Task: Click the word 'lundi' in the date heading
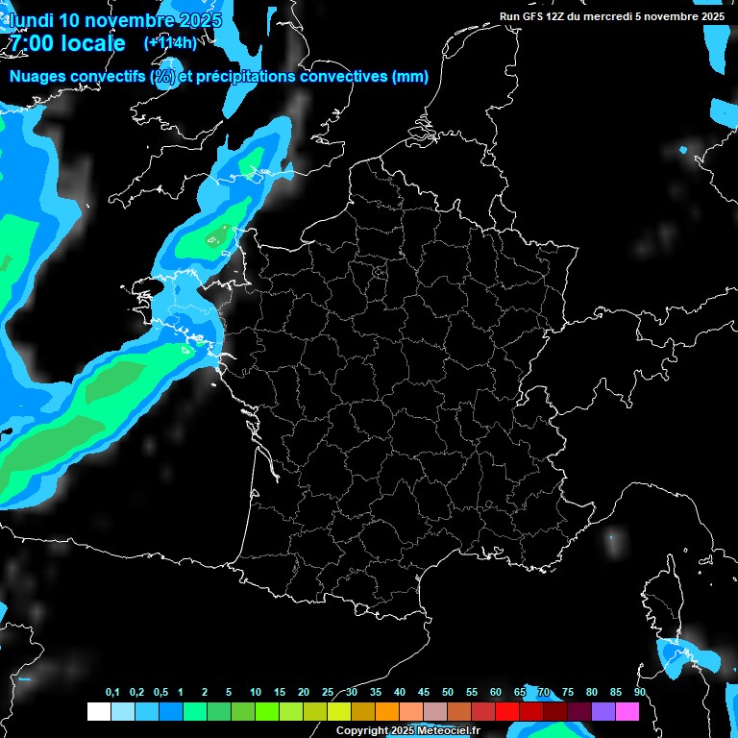point(31,20)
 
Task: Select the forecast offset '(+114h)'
point(169,42)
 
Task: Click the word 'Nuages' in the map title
point(37,77)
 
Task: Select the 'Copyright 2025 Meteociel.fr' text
point(407,730)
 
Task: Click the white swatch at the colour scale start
point(98,712)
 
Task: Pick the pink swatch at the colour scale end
point(627,712)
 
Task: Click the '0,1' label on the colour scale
point(112,693)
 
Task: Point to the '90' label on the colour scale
point(640,693)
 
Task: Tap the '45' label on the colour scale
point(424,693)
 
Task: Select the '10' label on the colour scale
point(256,693)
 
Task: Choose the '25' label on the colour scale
point(328,693)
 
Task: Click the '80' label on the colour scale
point(592,693)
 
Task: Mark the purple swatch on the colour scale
point(603,712)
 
